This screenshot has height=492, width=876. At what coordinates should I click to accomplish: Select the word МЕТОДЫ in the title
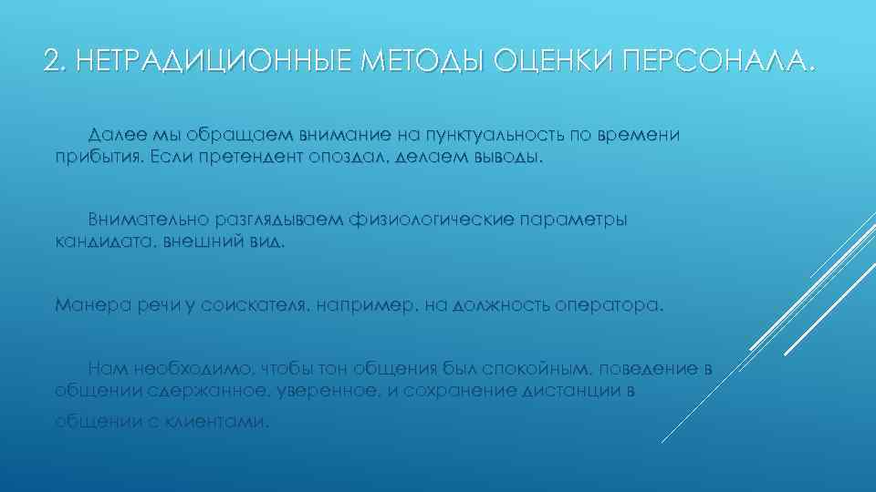[425, 61]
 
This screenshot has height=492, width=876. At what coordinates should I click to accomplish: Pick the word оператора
[609, 305]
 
